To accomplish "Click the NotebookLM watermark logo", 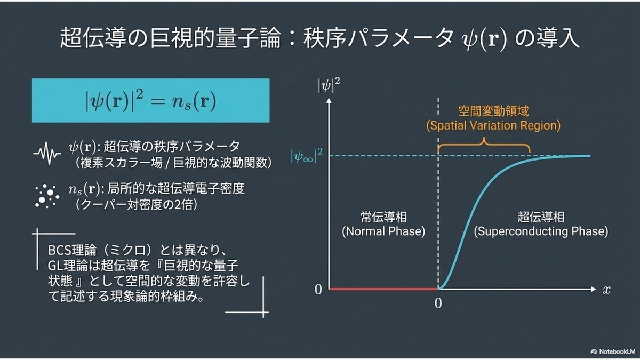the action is pyautogui.click(x=594, y=351).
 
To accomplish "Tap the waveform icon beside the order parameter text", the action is pyautogui.click(x=47, y=154).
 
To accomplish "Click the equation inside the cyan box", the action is pyautogui.click(x=151, y=101).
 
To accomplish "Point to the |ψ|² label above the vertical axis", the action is pyautogui.click(x=329, y=85).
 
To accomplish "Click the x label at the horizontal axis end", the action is pyautogui.click(x=606, y=290).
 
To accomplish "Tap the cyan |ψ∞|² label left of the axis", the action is pyautogui.click(x=307, y=156).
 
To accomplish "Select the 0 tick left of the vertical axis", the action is pyautogui.click(x=318, y=290).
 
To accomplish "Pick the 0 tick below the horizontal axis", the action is pyautogui.click(x=438, y=303).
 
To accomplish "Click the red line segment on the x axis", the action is pyautogui.click(x=383, y=290).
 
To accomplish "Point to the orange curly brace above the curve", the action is pyautogui.click(x=484, y=145).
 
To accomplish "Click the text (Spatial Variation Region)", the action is pyautogui.click(x=493, y=126).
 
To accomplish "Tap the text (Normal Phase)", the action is pyautogui.click(x=383, y=231).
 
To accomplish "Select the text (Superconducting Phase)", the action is pyautogui.click(x=541, y=231).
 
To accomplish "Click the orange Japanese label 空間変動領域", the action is pyautogui.click(x=493, y=111).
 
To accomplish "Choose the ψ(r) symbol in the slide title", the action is pyautogui.click(x=484, y=40).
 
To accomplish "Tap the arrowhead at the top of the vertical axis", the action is pyautogui.click(x=329, y=100).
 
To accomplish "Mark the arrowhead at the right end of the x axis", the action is pyautogui.click(x=594, y=290).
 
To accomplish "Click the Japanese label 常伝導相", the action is pyautogui.click(x=383, y=217).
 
